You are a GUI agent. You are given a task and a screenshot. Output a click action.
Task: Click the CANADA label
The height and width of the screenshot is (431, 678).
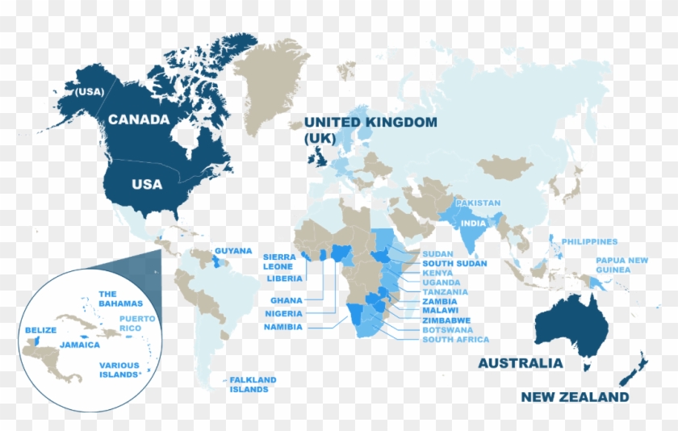pyautogui.click(x=139, y=119)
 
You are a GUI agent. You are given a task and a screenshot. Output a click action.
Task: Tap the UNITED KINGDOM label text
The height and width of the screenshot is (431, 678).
pyautogui.click(x=370, y=123)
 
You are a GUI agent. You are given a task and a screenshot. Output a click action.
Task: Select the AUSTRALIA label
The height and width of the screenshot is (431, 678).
pyautogui.click(x=520, y=363)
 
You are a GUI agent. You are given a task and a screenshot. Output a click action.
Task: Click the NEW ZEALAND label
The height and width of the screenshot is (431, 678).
pyautogui.click(x=574, y=397)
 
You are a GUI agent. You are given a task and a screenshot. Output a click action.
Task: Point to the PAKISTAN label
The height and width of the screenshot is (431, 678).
pyautogui.click(x=478, y=203)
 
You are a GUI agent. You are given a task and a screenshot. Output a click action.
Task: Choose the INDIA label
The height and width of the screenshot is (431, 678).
pyautogui.click(x=473, y=223)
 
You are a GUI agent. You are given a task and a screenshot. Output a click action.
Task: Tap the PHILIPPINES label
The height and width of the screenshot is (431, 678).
pyautogui.click(x=589, y=241)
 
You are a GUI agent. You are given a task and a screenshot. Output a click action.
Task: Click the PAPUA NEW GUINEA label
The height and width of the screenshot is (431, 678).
pyautogui.click(x=621, y=265)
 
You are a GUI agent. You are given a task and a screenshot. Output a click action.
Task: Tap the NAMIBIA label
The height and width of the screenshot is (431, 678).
pyautogui.click(x=282, y=327)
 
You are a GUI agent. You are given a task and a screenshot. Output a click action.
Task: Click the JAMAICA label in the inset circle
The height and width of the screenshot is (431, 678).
pyautogui.click(x=79, y=345)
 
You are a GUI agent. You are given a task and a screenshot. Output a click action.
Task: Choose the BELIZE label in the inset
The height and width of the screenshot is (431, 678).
pyautogui.click(x=40, y=330)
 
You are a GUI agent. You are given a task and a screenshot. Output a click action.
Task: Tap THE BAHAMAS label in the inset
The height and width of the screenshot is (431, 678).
pyautogui.click(x=120, y=299)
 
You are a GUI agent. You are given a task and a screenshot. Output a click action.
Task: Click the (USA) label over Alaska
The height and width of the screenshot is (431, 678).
pyautogui.click(x=90, y=92)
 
